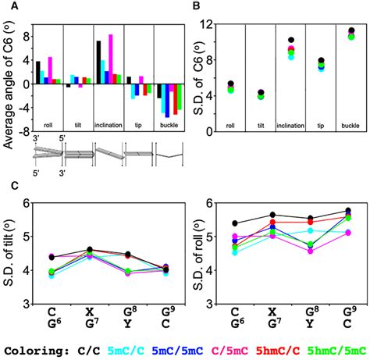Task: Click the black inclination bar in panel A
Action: click(x=98, y=62)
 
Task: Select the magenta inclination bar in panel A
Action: click(x=110, y=59)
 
